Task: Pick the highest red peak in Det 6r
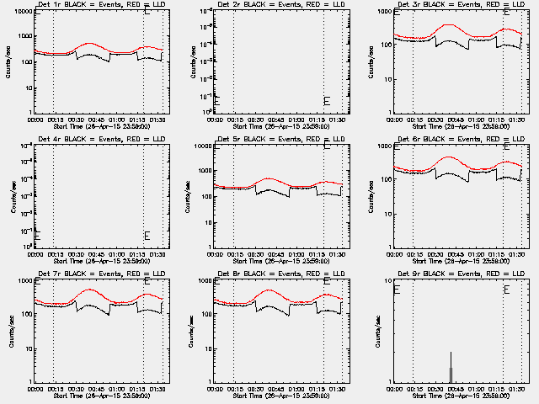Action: (448, 157)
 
